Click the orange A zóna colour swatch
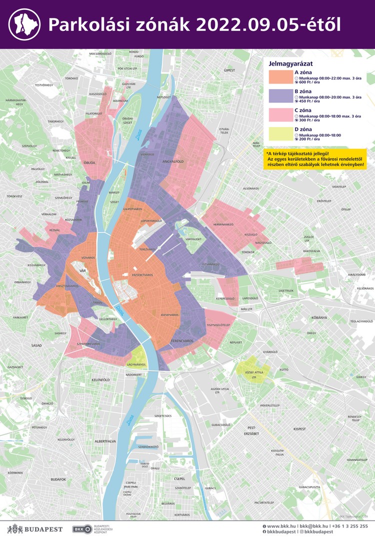[x=280, y=76]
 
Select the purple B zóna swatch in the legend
[x=280, y=96]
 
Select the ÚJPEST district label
[x=229, y=70]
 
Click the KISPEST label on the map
[x=299, y=429]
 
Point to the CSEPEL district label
[x=179, y=478]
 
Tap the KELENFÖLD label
[x=100, y=380]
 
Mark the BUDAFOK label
[x=58, y=479]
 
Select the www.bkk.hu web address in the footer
[x=280, y=526]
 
